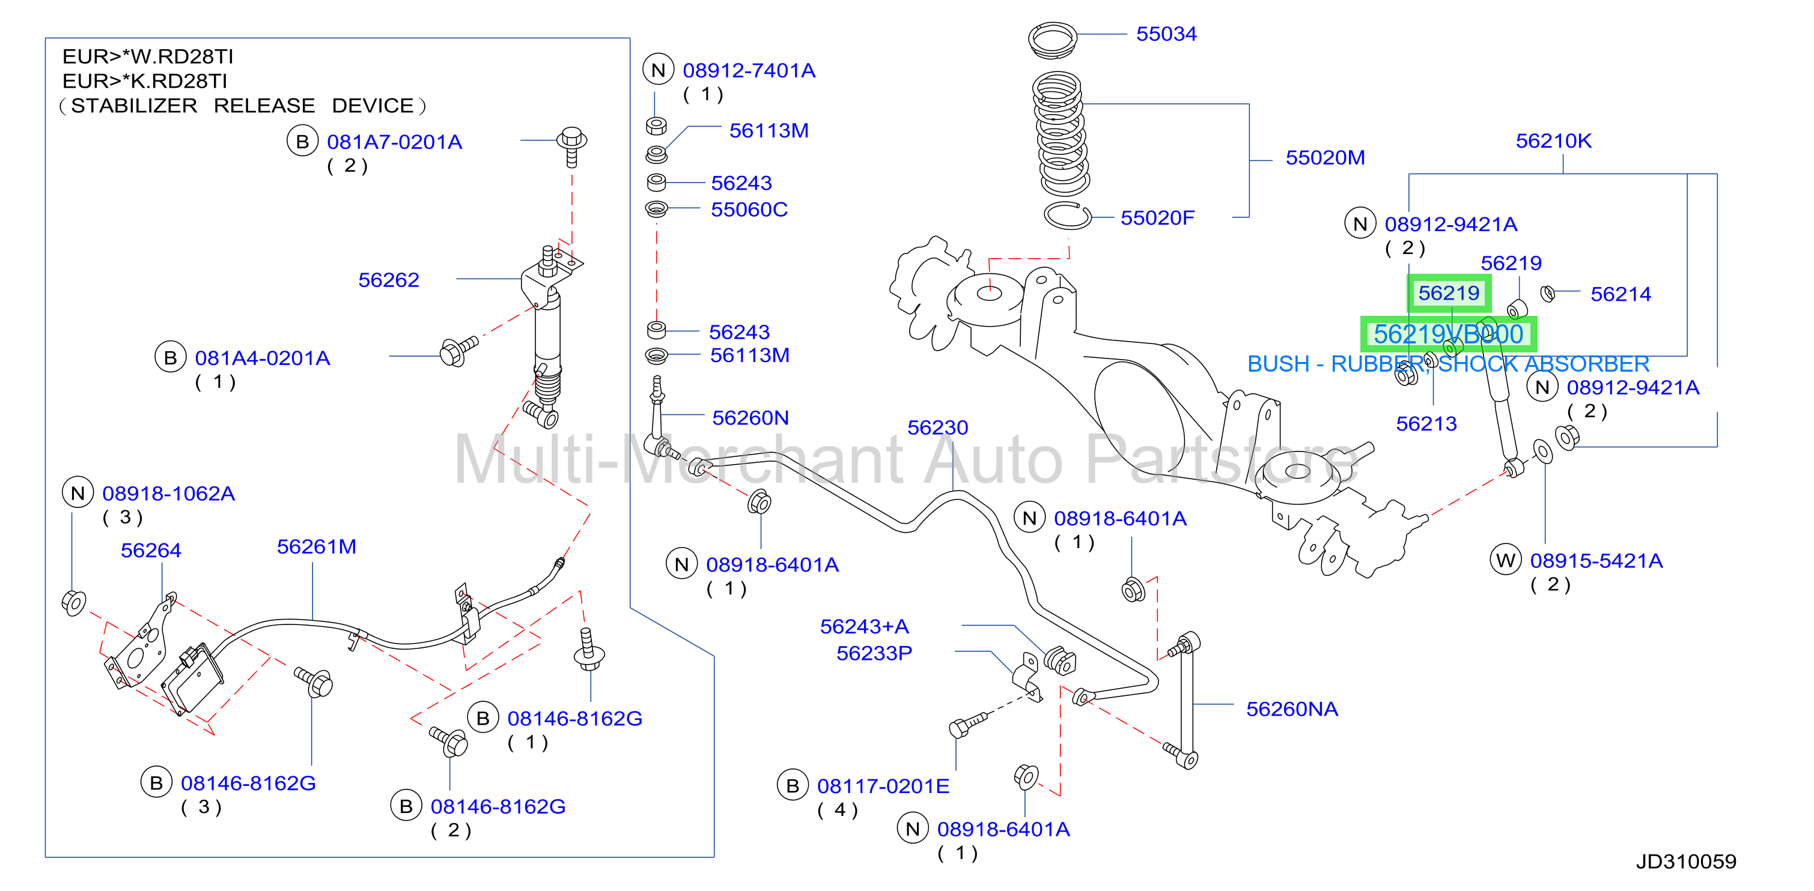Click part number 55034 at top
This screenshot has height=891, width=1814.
point(1166,34)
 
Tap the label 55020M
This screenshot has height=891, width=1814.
point(1324,158)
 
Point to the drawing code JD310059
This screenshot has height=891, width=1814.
point(1685,861)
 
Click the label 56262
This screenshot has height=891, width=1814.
point(389,280)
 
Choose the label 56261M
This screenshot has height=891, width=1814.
point(316,547)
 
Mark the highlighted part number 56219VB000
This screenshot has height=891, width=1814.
point(1449,334)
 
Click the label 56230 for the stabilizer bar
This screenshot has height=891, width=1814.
point(937,427)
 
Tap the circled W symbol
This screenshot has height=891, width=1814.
point(1506,560)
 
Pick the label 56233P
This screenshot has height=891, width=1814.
point(874,653)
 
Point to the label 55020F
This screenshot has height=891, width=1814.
point(1157,218)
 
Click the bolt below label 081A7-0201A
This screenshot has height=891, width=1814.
point(572,146)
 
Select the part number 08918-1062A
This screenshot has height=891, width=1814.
point(168,494)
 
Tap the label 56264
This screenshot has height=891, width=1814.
point(151,551)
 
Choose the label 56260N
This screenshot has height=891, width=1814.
point(750,418)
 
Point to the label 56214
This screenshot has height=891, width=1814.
point(1621,294)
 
